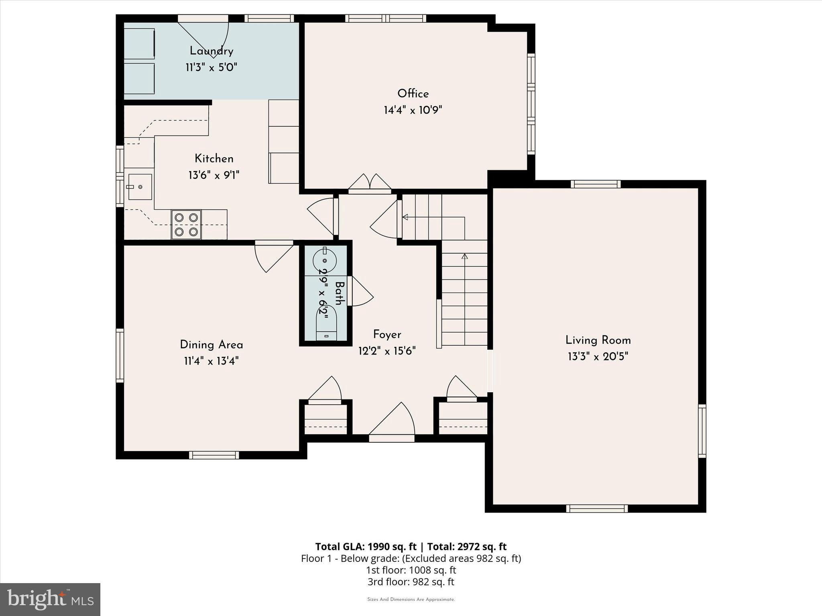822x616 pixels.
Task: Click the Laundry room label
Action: coord(211,51)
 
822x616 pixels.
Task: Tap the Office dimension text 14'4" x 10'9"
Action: coord(413,110)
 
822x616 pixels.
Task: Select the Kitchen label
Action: coord(214,158)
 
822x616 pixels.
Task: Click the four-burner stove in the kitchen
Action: coord(186,225)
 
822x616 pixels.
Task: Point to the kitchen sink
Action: coord(140,186)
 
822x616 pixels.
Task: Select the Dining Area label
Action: coord(211,344)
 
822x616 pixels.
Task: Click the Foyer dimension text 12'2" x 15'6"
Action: coord(387,351)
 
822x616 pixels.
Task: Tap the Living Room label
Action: coord(598,340)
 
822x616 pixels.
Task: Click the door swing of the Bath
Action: coord(361,292)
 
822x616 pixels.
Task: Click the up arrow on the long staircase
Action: coord(465,257)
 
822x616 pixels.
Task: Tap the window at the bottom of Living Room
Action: coord(597,509)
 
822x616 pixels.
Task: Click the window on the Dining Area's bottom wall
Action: coord(214,455)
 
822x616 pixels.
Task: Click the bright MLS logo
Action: coord(50,599)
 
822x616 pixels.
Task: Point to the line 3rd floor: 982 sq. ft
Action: coord(411,582)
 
